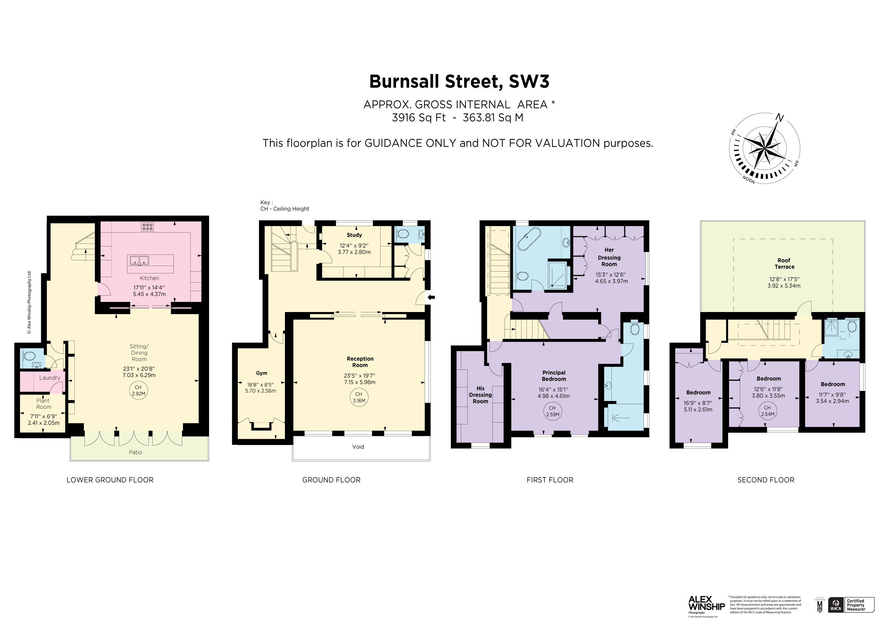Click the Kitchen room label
tap(149, 278)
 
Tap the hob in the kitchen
tap(147, 227)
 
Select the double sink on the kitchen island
tap(139, 261)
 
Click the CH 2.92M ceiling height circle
tap(138, 391)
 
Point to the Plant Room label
tap(43, 404)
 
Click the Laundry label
tap(50, 378)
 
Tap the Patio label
tap(135, 452)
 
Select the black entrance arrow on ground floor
tap(431, 297)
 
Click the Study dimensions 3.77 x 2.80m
tap(354, 252)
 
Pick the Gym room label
tap(262, 373)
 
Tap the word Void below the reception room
tap(358, 447)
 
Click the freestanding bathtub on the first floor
tap(529, 239)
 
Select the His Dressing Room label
tap(480, 395)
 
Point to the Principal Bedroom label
tap(554, 376)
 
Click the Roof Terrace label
tap(784, 264)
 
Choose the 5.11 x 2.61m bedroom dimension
tap(698, 409)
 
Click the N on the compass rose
tap(779, 118)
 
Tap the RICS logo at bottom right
tap(836, 605)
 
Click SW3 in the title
tap(529, 81)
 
